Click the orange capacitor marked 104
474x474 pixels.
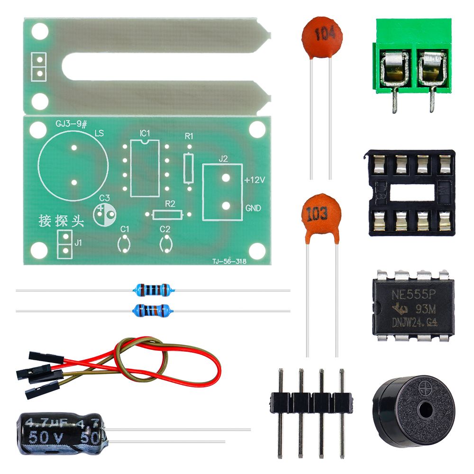322,36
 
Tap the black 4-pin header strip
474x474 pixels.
311,403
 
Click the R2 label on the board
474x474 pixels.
170,204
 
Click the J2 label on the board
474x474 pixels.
223,159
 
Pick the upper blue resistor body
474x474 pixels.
152,288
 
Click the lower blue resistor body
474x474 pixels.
152,310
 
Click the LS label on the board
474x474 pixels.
100,133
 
